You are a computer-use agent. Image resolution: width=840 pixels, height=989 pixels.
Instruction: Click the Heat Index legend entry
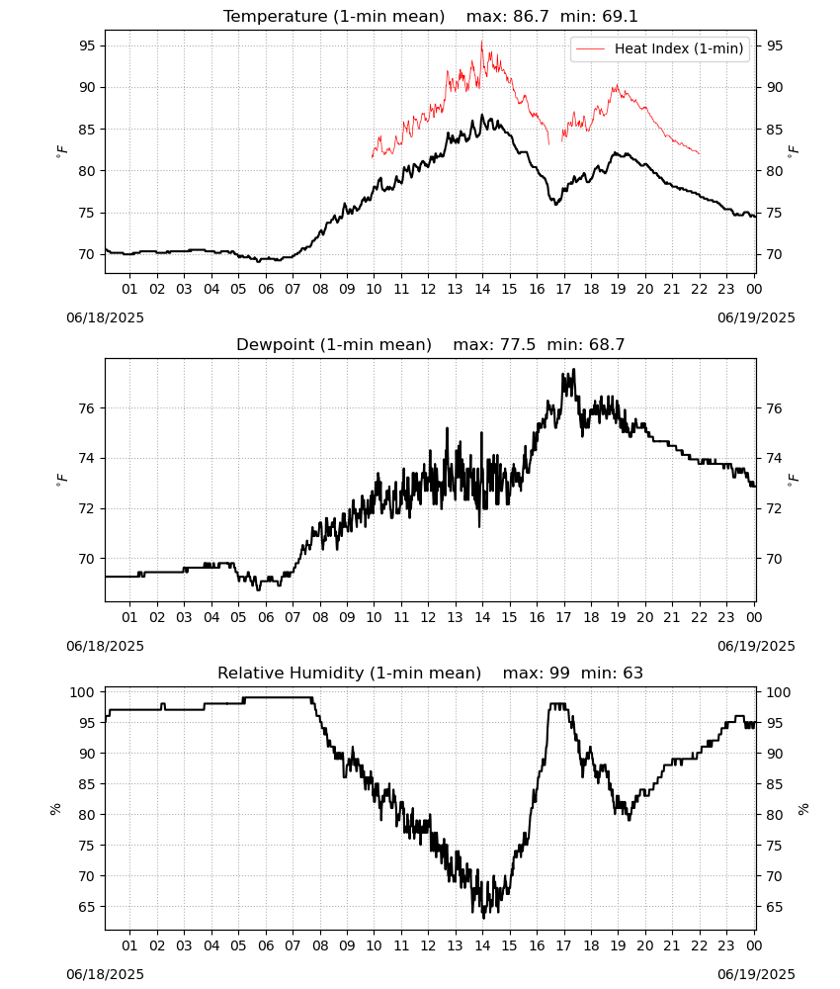pos(660,48)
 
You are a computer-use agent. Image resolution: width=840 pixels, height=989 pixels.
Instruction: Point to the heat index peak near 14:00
pos(482,42)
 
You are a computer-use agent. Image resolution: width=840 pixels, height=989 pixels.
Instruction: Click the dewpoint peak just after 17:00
pos(573,370)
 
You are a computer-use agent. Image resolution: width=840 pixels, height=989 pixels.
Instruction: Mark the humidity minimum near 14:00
pos(483,918)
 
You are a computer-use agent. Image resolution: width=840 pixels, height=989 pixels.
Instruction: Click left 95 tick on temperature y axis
pos(87,45)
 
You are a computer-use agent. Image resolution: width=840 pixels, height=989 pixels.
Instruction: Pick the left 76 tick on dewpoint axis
pos(87,408)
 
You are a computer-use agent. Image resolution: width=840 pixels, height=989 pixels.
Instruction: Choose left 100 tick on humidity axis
pos(83,692)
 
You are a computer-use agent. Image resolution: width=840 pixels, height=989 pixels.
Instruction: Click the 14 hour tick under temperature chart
pos(482,289)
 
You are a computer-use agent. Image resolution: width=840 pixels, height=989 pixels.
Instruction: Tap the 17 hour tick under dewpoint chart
pos(564,617)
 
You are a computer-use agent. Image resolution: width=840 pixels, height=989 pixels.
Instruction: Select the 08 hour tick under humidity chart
pos(320,945)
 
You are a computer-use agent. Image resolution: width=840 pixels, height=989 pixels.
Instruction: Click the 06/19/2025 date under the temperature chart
pos(756,317)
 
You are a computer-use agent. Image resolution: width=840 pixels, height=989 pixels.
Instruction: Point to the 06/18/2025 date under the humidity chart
pos(105,974)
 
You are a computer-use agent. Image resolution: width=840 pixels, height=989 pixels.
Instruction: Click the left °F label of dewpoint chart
pos(61,480)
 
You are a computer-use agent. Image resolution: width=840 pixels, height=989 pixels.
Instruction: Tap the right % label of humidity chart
pos(802,809)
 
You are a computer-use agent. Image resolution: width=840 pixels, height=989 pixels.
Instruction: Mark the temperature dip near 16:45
pos(556,205)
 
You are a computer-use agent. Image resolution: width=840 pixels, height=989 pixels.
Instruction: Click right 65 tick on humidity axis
pos(774,907)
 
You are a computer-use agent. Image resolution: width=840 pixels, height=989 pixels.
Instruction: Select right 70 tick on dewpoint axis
pos(774,559)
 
